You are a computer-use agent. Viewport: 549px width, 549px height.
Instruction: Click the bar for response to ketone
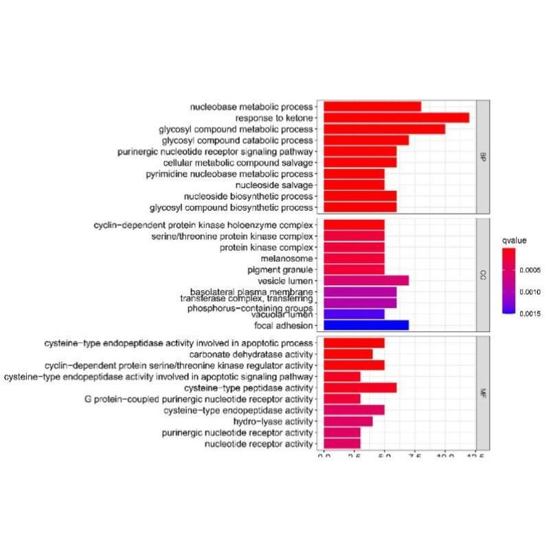click(396, 118)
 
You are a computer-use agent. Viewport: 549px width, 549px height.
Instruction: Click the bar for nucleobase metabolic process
click(372, 107)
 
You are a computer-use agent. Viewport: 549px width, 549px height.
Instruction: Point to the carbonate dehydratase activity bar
click(348, 354)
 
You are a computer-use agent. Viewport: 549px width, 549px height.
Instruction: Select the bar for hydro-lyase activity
click(348, 421)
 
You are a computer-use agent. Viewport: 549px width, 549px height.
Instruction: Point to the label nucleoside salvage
click(274, 185)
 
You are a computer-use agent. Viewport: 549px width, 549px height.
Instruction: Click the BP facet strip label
click(483, 157)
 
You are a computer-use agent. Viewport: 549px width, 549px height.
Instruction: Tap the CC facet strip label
click(483, 275)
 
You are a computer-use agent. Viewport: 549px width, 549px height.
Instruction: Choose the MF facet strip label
click(483, 393)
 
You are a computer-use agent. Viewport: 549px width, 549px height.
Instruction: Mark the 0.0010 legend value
click(533, 291)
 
